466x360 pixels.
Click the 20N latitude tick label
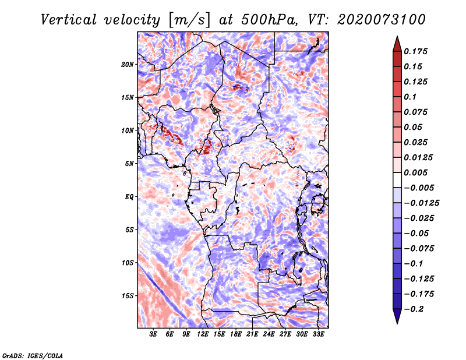[128, 64]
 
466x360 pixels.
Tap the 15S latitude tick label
[128, 295]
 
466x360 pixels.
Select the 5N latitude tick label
[129, 163]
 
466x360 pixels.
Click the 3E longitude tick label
[153, 334]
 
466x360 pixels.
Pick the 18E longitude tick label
[236, 334]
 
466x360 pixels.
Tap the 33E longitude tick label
[319, 334]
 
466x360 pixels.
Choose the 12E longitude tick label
[203, 334]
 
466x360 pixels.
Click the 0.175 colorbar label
[416, 51]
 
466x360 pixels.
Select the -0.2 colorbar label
[414, 309]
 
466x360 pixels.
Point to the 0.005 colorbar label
[416, 172]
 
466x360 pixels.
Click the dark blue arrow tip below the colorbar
[397, 320]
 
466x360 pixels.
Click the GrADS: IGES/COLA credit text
[32, 354]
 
